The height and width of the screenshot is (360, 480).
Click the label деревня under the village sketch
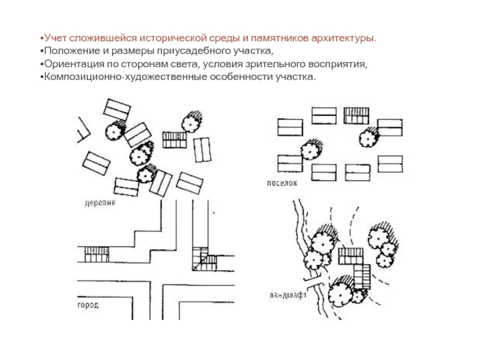coord(100,203)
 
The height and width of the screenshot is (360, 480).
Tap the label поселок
coord(282,184)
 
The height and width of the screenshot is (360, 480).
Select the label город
coord(88,305)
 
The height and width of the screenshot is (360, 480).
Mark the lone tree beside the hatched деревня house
coord(191,122)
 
